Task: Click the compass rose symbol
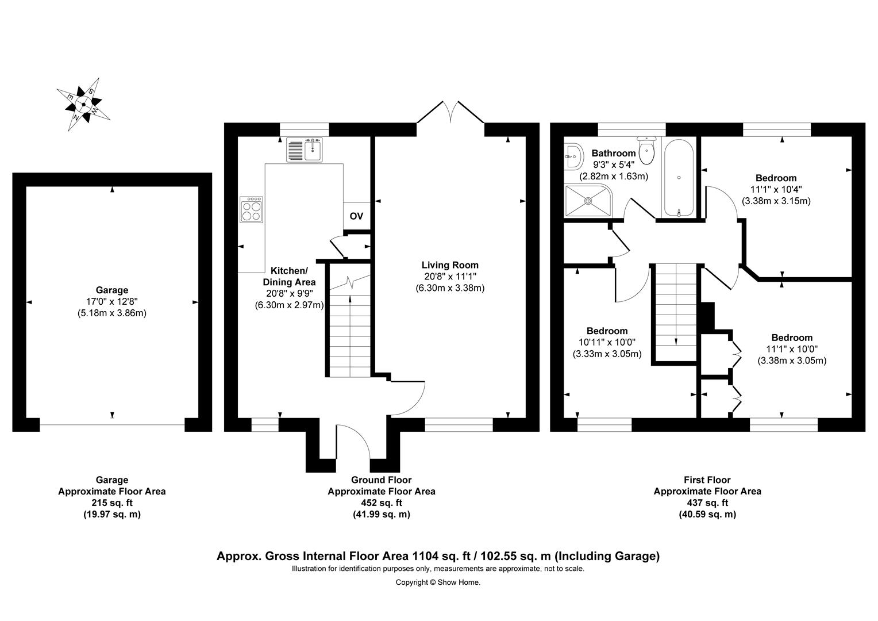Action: (83, 104)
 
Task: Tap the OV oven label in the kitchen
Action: (356, 217)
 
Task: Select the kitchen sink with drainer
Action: (305, 150)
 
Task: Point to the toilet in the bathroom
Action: (647, 151)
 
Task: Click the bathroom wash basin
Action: (572, 155)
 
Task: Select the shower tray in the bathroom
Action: (588, 201)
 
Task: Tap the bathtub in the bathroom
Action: (679, 178)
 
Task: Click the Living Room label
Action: (450, 265)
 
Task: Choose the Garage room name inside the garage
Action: (112, 290)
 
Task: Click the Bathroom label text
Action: (614, 154)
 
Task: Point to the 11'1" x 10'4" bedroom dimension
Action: (776, 189)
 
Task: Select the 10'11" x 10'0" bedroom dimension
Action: (607, 342)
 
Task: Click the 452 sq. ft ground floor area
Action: (381, 503)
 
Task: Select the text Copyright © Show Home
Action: (438, 582)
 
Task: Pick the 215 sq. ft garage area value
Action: (111, 503)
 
